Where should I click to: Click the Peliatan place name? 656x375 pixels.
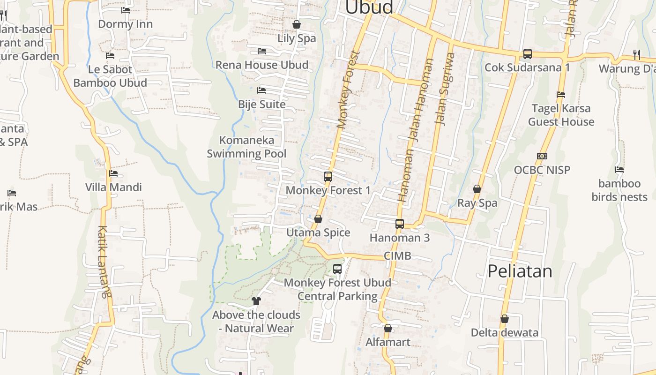point(520,271)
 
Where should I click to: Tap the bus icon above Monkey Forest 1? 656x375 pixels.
point(328,177)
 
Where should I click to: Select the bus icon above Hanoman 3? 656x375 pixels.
point(400,224)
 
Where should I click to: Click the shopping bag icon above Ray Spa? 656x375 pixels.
point(477,189)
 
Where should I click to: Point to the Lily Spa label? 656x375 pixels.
point(297,38)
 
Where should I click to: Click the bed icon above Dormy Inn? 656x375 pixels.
point(125,10)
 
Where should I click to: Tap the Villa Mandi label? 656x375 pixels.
point(113,187)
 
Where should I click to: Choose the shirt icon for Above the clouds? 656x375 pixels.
point(256,300)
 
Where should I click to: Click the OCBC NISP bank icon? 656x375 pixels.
point(542,156)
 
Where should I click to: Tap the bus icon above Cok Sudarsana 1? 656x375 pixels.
point(528,54)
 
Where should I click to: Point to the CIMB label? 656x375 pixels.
point(397,256)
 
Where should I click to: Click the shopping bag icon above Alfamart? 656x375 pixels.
point(388,328)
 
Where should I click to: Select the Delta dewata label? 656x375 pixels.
point(505,333)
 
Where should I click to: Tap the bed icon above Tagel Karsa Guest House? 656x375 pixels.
point(561,94)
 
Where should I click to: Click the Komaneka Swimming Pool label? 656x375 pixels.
point(246,147)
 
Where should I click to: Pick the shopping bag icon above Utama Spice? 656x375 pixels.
point(318,219)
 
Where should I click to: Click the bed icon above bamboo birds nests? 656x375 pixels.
point(619,170)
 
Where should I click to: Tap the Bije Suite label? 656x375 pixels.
point(262,104)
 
